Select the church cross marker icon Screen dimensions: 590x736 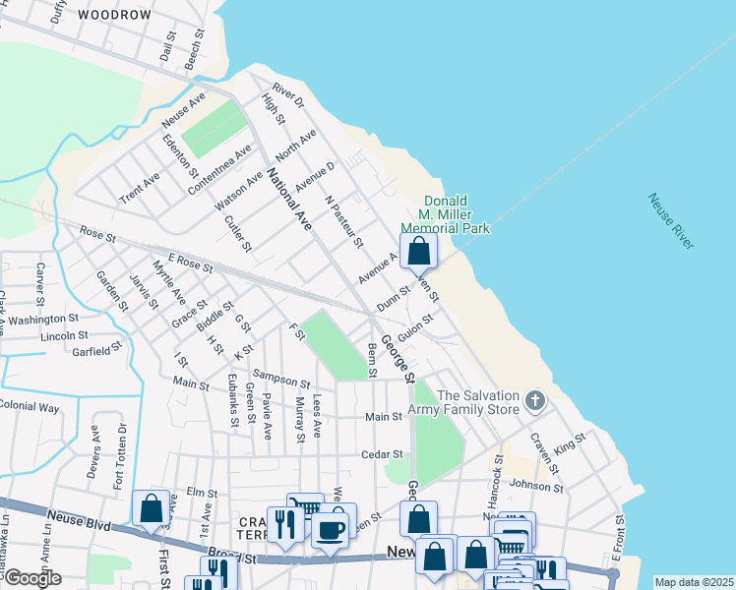point(534,400)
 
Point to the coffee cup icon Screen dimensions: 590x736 point(330,531)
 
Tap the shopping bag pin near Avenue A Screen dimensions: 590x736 point(418,252)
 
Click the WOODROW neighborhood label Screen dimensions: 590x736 point(114,15)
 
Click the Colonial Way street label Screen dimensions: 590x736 point(30,406)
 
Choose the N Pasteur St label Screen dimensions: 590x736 point(343,221)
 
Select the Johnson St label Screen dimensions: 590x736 point(536,486)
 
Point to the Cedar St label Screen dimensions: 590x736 point(384,454)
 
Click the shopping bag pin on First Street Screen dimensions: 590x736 point(151,509)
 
